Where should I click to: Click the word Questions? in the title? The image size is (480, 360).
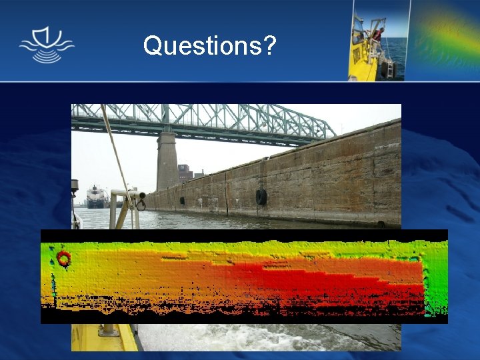pyautogui.click(x=210, y=45)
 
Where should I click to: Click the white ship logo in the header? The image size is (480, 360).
pyautogui.click(x=47, y=45)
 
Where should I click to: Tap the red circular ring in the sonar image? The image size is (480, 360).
pyautogui.click(x=63, y=258)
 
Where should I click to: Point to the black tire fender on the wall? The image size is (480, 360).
pyautogui.click(x=261, y=197)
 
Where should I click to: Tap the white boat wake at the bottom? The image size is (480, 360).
pyautogui.click(x=267, y=337)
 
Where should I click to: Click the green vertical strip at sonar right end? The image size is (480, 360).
pyautogui.click(x=435, y=280)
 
